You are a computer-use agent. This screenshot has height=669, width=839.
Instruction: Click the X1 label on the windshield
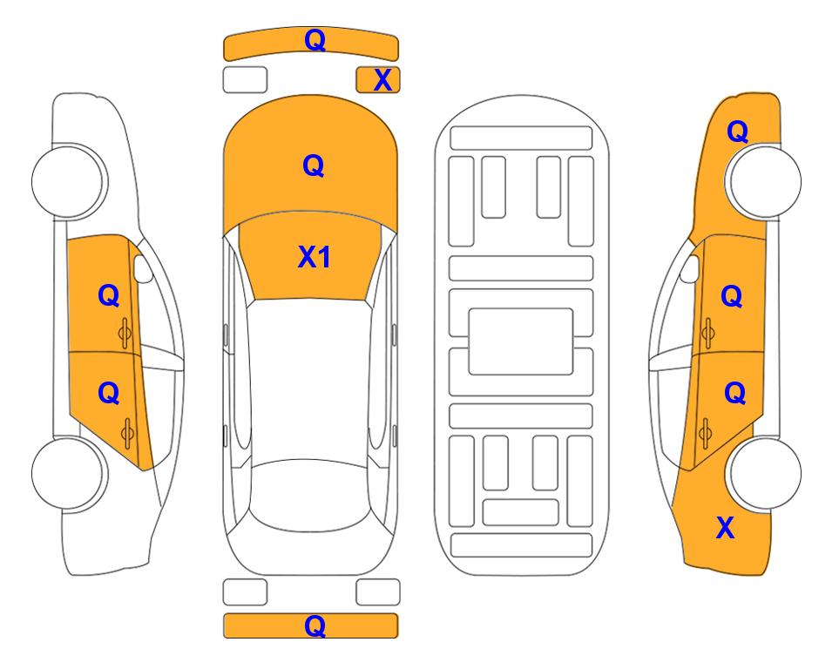point(315,257)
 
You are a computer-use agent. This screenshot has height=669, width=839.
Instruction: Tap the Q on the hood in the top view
point(314,166)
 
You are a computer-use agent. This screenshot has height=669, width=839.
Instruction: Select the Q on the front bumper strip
point(315,39)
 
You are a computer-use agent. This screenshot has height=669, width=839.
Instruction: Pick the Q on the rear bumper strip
point(315,625)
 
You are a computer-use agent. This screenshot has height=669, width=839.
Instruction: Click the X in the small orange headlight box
point(382,80)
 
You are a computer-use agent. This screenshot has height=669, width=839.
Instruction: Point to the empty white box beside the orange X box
point(245,80)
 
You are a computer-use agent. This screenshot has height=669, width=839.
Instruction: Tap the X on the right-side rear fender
point(725,528)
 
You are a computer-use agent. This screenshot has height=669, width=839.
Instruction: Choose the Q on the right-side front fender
point(737,132)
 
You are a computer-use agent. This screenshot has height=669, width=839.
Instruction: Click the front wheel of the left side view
point(68,181)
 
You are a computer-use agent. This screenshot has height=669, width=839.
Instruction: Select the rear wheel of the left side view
point(68,473)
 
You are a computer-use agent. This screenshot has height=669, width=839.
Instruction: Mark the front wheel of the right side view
point(765,181)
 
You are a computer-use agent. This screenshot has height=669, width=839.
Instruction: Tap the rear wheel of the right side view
point(765,473)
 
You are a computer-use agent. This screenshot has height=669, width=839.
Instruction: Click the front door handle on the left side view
point(125,333)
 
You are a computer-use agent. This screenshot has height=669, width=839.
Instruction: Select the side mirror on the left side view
point(142,268)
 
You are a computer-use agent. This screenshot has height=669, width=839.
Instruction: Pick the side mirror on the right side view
point(690,268)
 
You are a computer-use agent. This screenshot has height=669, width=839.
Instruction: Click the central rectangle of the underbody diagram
point(521,341)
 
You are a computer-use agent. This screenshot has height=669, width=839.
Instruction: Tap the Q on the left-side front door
point(109,295)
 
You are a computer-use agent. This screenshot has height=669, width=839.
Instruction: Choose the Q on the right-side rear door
point(735,394)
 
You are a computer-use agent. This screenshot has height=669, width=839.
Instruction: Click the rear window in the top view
point(310,496)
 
